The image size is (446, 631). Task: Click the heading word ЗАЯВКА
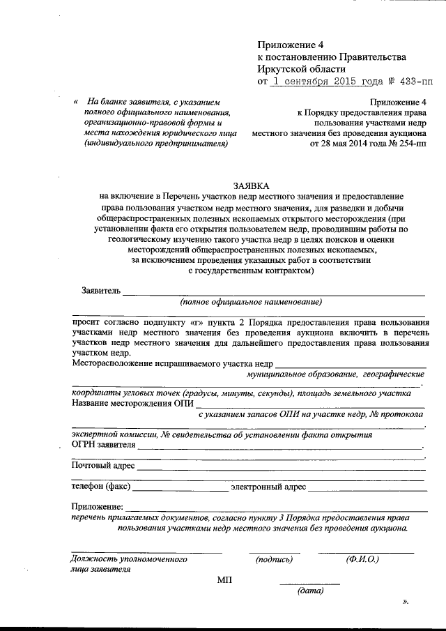tap(249, 185)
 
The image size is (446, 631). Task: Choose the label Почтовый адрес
tap(102, 465)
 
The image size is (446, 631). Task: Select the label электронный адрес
tap(268, 486)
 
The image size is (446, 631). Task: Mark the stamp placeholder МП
tap(225, 580)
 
